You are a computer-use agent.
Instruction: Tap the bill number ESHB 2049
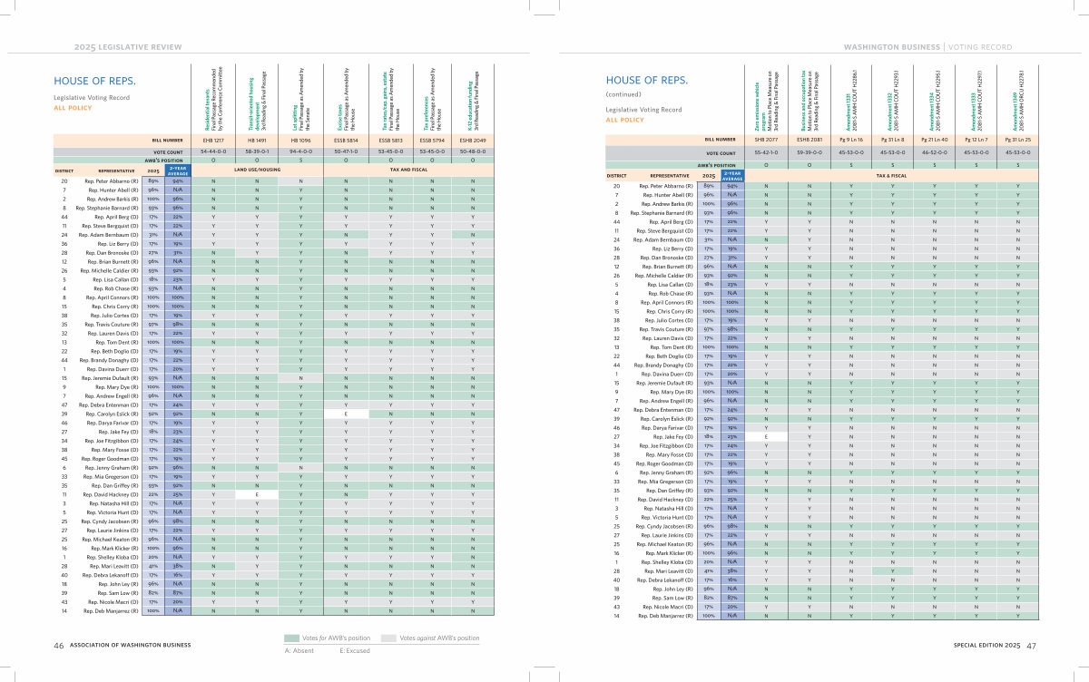click(473, 141)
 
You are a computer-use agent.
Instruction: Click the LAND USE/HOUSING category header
click(257, 169)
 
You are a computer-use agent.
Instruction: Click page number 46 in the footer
click(58, 646)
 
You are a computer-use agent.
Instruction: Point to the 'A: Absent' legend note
click(300, 650)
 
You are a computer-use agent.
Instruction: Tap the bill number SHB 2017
click(766, 141)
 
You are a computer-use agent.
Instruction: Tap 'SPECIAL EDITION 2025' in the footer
click(987, 646)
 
